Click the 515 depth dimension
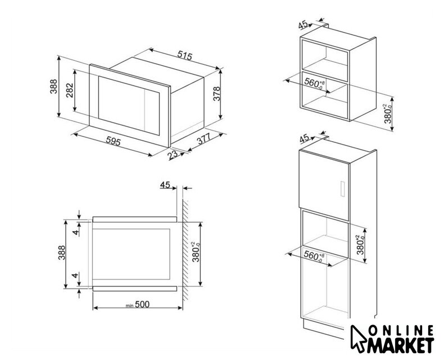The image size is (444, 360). point(184,55)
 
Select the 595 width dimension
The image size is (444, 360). point(114,141)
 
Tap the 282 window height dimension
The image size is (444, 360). point(70,90)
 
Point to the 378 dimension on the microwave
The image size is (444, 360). point(216,93)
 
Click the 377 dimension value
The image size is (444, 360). point(204,138)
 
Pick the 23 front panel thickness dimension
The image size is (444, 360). point(173,155)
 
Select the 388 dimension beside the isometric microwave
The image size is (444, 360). point(53,86)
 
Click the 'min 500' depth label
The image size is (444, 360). point(138,304)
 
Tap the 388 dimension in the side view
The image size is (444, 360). point(62,253)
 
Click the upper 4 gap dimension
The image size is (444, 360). point(75,233)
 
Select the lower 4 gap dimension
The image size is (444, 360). point(75,275)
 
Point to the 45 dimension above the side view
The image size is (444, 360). point(165,185)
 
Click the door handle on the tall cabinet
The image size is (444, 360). point(342,189)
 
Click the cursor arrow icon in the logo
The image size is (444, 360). point(358,339)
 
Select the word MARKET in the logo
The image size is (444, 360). point(400,345)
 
